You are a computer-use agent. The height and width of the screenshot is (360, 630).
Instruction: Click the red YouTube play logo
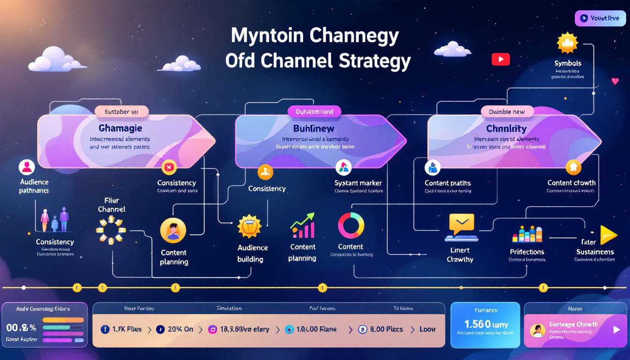tap(501, 59)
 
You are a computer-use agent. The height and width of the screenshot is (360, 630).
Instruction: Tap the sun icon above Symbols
tap(567, 43)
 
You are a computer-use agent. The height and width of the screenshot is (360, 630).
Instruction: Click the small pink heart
tap(615, 81)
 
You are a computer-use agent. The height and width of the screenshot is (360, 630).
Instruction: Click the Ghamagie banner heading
tap(120, 128)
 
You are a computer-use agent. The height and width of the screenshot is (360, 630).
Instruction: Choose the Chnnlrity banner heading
tap(506, 128)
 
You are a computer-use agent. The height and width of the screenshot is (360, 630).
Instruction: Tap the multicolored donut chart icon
tap(351, 225)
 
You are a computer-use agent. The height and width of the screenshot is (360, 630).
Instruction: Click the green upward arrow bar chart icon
tap(302, 226)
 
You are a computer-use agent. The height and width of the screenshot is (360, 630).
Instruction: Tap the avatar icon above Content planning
tap(173, 231)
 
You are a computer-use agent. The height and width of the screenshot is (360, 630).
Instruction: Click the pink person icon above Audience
tap(27, 167)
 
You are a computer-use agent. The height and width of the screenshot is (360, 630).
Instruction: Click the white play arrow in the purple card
tap(616, 330)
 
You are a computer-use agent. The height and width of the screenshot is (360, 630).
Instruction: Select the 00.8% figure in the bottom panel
tap(22, 327)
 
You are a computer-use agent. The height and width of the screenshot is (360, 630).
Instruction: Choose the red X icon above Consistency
tap(169, 167)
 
